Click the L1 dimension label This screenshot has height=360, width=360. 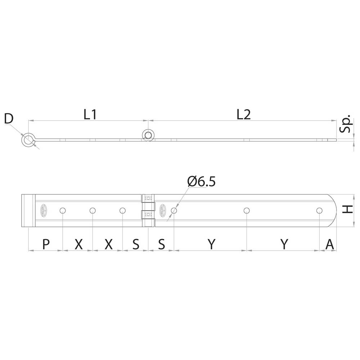(90, 114)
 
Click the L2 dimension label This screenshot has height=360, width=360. (244, 114)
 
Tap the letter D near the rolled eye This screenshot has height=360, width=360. (9, 119)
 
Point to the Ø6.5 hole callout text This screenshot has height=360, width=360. (201, 182)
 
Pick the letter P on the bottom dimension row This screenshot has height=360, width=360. (46, 244)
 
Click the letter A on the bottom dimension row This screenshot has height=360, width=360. (330, 244)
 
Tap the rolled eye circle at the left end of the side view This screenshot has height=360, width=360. (28, 140)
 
